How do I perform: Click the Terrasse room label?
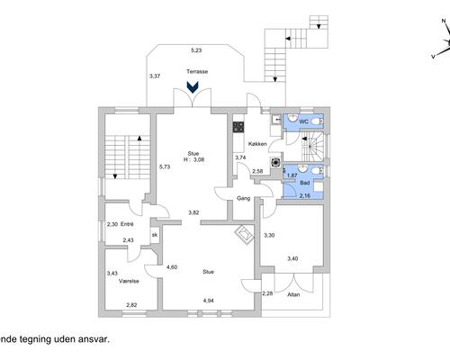tap(197, 71)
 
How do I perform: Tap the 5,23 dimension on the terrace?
tap(196, 50)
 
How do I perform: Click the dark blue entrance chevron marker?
tap(192, 87)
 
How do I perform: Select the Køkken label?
tap(257, 144)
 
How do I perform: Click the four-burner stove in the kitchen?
tap(238, 127)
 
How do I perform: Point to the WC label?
tap(303, 121)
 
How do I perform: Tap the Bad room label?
tap(305, 183)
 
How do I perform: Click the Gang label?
tap(243, 198)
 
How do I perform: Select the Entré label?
tap(127, 224)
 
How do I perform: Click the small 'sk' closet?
tap(155, 235)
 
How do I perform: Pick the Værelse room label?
tap(129, 281)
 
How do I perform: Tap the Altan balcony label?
tap(293, 294)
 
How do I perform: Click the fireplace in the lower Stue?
tap(245, 234)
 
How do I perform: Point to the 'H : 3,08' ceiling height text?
tap(193, 159)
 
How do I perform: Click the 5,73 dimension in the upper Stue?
tap(165, 166)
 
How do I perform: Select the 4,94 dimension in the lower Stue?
tap(208, 301)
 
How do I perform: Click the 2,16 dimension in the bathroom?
tap(305, 196)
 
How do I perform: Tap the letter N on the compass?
tap(444, 21)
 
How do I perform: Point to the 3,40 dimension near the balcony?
tap(292, 258)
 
